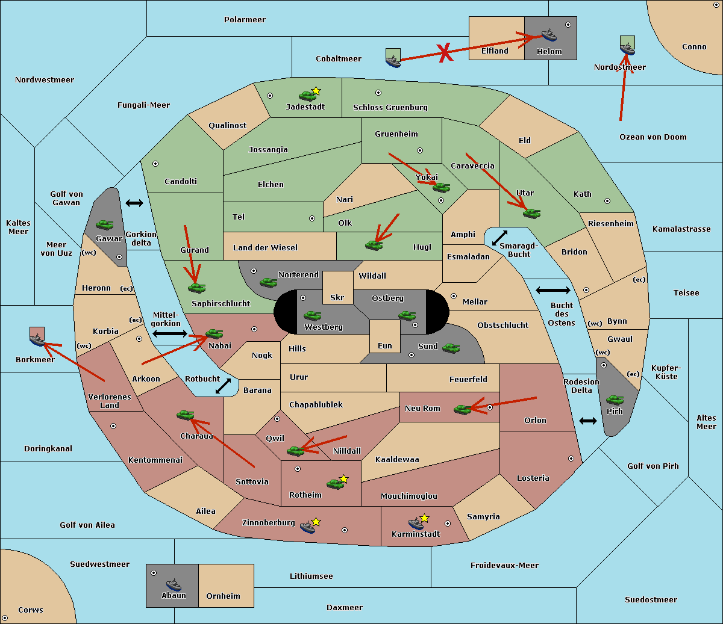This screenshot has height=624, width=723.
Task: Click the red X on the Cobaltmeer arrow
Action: coord(445,53)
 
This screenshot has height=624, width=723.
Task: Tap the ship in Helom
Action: coord(549,35)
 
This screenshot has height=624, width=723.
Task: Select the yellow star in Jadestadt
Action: coord(316,91)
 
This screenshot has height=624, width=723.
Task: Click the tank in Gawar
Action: coord(105,224)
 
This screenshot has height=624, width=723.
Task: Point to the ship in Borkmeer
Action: coord(37,339)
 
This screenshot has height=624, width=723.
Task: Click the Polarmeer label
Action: coord(245,20)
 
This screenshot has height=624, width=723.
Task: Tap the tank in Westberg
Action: coord(312,315)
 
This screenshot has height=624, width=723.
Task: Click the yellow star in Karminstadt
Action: coord(424,518)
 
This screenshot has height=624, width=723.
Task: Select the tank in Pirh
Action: coord(615,400)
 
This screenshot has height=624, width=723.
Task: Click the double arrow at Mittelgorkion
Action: coord(170,334)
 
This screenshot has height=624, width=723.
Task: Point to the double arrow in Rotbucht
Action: coord(223,386)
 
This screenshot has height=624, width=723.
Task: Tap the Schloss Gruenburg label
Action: coord(390,107)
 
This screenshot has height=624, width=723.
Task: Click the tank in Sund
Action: coord(451,348)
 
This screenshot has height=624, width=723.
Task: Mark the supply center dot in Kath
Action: coord(607,201)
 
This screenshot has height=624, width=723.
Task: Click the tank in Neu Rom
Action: coord(462,409)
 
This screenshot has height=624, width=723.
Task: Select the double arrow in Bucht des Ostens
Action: coord(553,290)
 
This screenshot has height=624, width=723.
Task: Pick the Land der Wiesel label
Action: coord(265,248)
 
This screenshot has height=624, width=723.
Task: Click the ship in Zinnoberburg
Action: coord(308,527)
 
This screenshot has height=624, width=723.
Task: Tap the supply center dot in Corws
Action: coord(5,618)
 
